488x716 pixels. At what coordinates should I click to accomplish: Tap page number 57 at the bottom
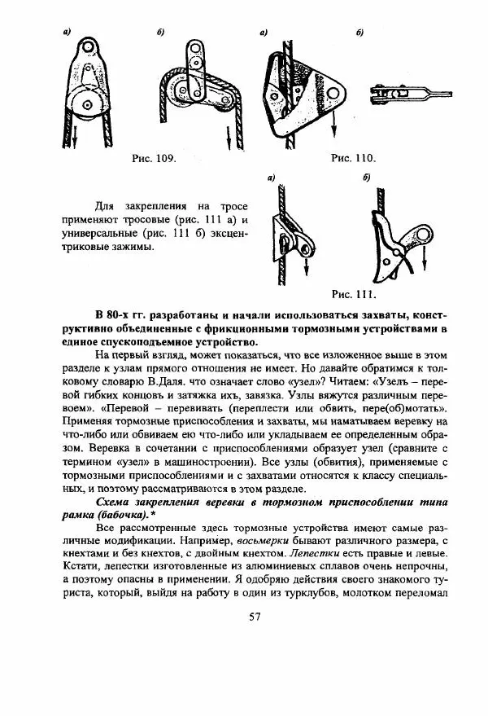tap(254, 616)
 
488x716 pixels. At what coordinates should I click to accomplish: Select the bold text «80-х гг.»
tap(130, 316)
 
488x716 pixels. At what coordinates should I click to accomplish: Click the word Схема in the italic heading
tap(116, 505)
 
